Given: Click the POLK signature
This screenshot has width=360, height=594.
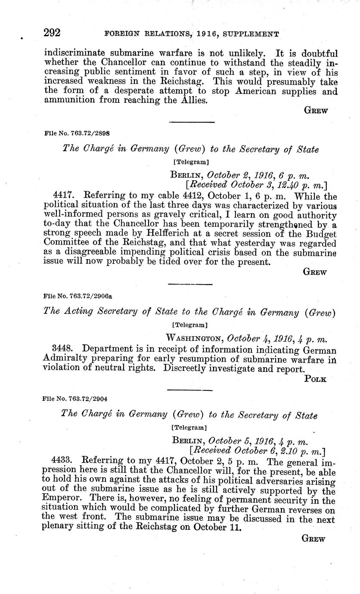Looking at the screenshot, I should point(315,379).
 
